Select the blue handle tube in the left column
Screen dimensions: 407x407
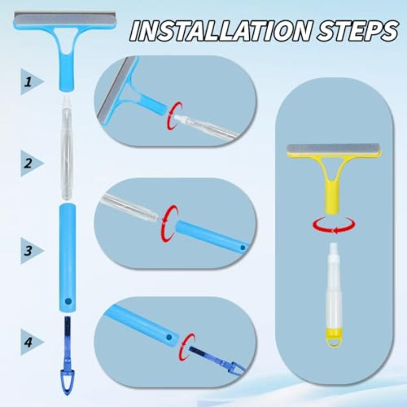[67, 254]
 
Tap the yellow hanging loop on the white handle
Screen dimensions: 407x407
[333, 338]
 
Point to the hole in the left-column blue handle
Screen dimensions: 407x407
[67, 301]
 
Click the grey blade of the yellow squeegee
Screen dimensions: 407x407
[333, 150]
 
